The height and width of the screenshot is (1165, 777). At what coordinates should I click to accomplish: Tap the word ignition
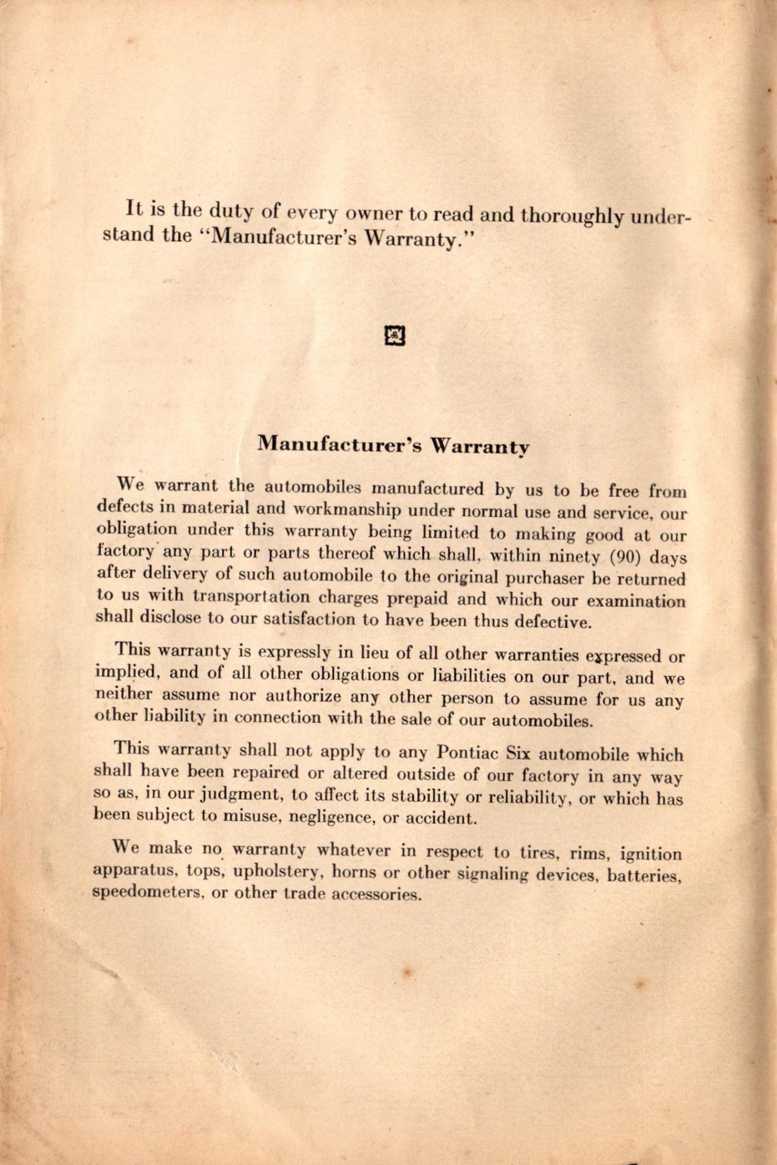tap(651, 855)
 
